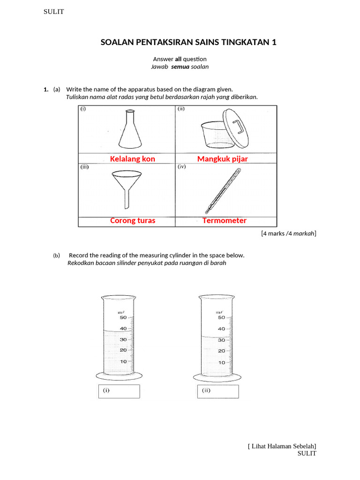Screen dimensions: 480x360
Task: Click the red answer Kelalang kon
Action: point(132,159)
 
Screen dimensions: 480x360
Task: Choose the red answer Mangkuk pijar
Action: point(222,159)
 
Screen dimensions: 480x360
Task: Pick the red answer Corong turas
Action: point(133,220)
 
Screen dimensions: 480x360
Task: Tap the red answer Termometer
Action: point(224,220)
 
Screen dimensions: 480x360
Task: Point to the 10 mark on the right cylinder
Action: point(221,362)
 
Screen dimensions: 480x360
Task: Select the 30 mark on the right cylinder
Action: point(221,340)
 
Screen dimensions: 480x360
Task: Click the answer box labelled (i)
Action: point(119,391)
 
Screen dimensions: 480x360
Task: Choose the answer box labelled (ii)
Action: point(217,391)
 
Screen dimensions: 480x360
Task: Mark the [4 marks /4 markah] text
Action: point(288,233)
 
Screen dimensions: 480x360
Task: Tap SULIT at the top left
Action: point(53,12)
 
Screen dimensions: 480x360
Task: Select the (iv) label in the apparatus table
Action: point(181,166)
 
